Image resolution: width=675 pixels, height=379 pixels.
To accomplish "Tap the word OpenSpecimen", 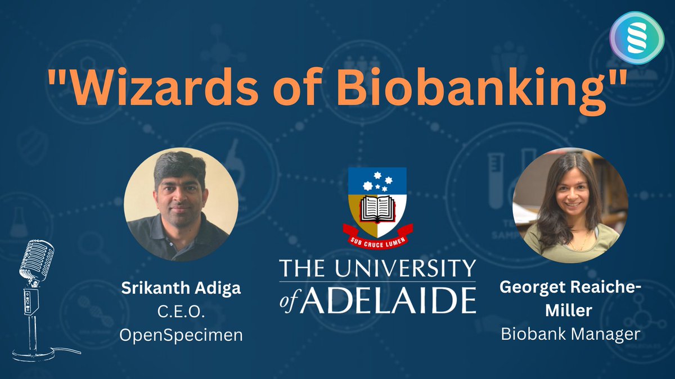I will click(181, 335).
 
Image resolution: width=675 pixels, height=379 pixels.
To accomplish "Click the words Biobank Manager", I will click(570, 335).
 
